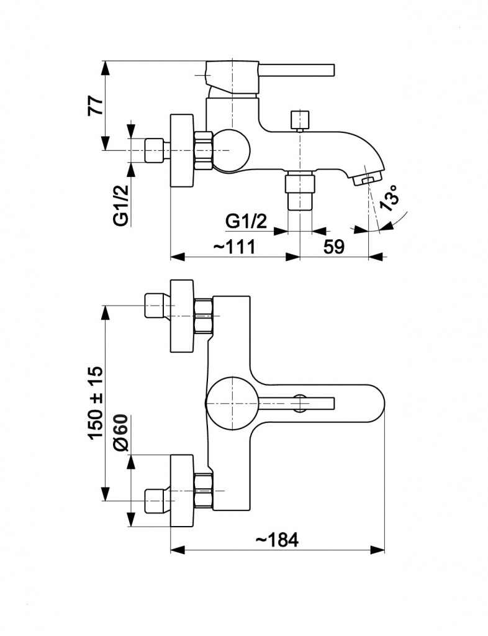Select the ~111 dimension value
(234, 247)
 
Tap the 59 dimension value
(333, 247)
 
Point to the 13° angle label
(389, 198)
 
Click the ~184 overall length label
(276, 540)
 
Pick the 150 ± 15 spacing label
(95, 402)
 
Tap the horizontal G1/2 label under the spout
(246, 220)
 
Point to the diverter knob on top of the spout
(300, 119)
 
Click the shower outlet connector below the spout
(300, 193)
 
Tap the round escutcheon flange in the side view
(182, 150)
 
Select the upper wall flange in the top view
(182, 315)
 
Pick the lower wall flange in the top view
(182, 491)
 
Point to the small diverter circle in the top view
(301, 402)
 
